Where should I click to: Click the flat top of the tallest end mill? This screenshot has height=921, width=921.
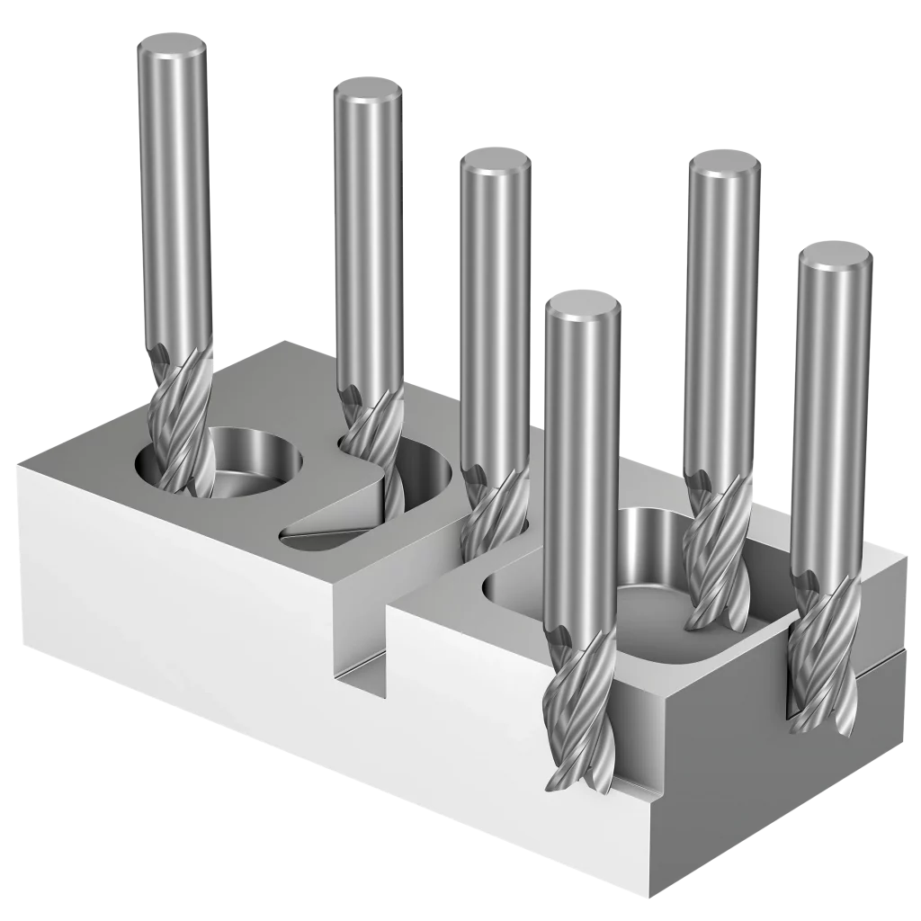tap(172, 42)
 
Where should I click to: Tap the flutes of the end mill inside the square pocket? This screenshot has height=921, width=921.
tap(717, 558)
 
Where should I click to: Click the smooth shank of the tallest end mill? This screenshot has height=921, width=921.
tap(174, 198)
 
